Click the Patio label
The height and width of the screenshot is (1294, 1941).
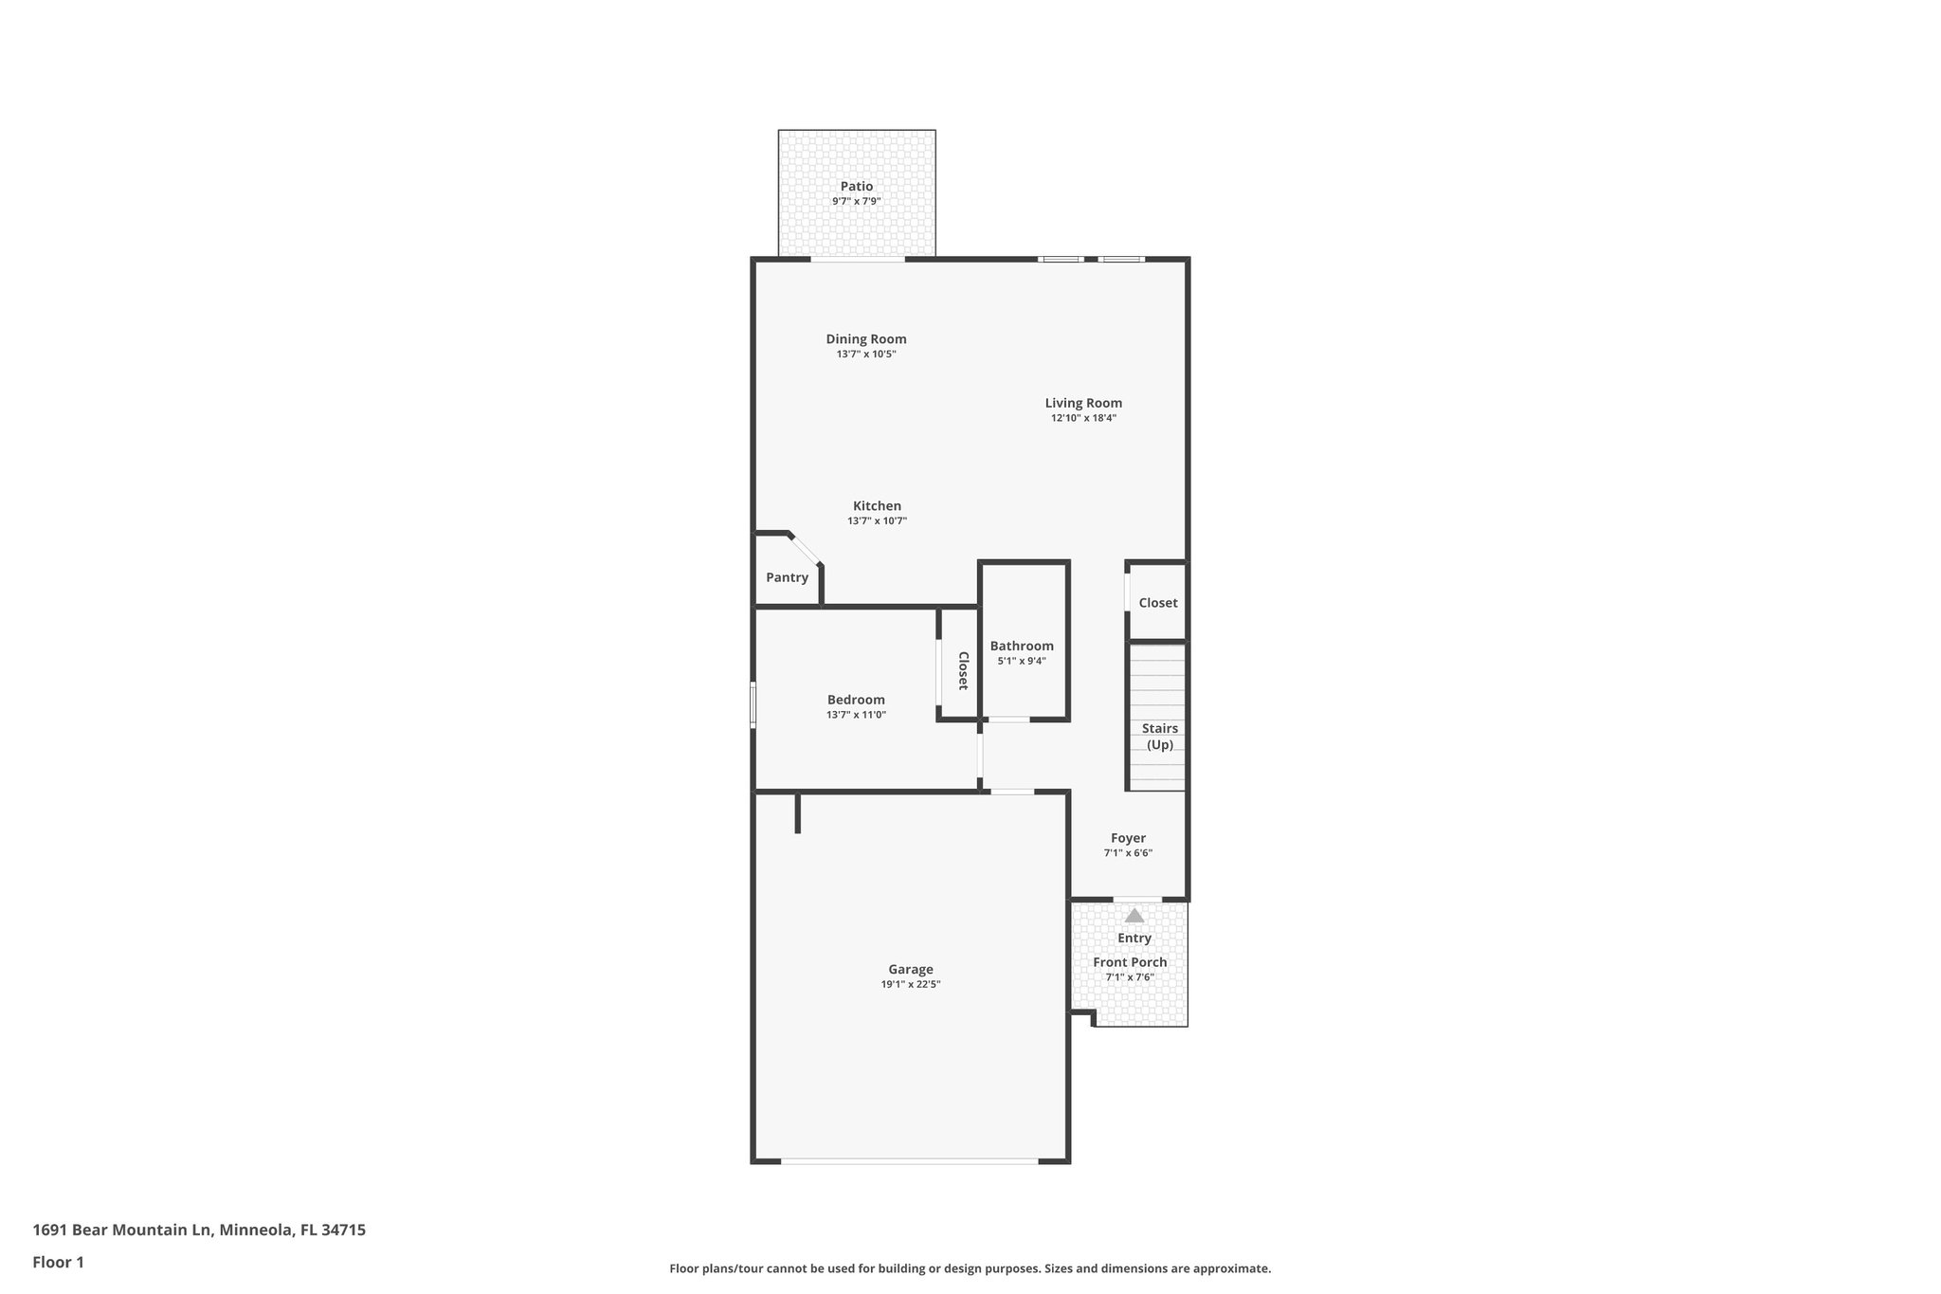pyautogui.click(x=856, y=187)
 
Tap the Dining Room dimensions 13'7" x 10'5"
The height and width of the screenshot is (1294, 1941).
pyautogui.click(x=865, y=355)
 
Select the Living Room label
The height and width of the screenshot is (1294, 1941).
pyautogui.click(x=1083, y=403)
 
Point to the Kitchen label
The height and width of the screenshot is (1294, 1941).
pyautogui.click(x=877, y=506)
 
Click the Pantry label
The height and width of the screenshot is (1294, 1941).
pyautogui.click(x=787, y=577)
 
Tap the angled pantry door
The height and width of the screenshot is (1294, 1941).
pyautogui.click(x=806, y=550)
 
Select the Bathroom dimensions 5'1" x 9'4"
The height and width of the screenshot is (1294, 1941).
pyautogui.click(x=1021, y=662)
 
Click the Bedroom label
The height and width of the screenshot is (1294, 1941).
pyautogui.click(x=856, y=700)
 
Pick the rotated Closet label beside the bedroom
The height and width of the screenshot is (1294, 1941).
pyautogui.click(x=963, y=670)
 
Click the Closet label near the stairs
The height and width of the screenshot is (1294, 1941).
pyautogui.click(x=1157, y=603)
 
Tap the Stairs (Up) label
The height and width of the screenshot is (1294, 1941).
pyautogui.click(x=1160, y=737)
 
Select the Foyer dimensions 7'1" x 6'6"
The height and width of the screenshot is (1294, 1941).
pyautogui.click(x=1128, y=853)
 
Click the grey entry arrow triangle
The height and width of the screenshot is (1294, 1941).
pyautogui.click(x=1134, y=916)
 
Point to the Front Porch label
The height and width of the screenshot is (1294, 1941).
pyautogui.click(x=1130, y=962)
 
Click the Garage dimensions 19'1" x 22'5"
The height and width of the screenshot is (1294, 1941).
pyautogui.click(x=910, y=985)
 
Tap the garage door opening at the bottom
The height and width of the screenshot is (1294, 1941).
pyautogui.click(x=910, y=1160)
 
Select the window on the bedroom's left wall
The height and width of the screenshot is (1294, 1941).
pyautogui.click(x=753, y=705)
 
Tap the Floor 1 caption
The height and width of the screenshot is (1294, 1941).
pyautogui.click(x=58, y=1262)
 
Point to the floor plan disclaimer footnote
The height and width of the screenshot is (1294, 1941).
pyautogui.click(x=970, y=1268)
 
